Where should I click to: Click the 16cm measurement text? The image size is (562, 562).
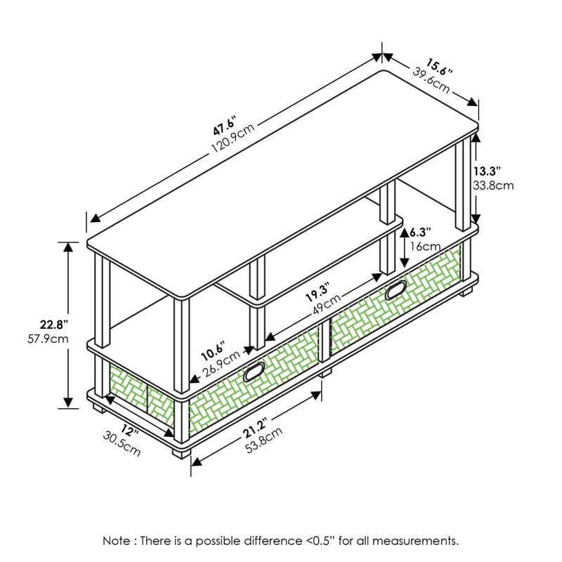425,247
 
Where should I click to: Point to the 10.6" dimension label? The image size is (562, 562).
211,348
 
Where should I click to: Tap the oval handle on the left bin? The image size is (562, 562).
253,374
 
